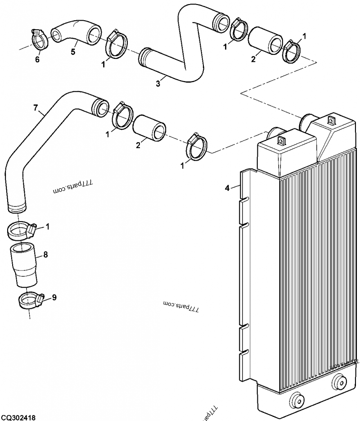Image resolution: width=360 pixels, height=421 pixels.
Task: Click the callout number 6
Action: click(x=37, y=59)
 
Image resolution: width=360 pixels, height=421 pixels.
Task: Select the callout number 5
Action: click(x=73, y=52)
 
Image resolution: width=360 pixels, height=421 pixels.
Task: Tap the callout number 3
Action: click(x=157, y=84)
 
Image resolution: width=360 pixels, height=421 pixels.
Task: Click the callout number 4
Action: click(x=227, y=188)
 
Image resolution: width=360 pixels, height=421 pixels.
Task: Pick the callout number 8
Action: click(x=45, y=254)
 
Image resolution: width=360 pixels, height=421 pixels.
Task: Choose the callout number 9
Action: click(x=54, y=297)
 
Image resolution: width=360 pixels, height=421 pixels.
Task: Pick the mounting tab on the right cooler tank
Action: click(x=331, y=120)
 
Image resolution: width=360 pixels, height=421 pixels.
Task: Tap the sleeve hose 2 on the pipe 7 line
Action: click(x=150, y=128)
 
